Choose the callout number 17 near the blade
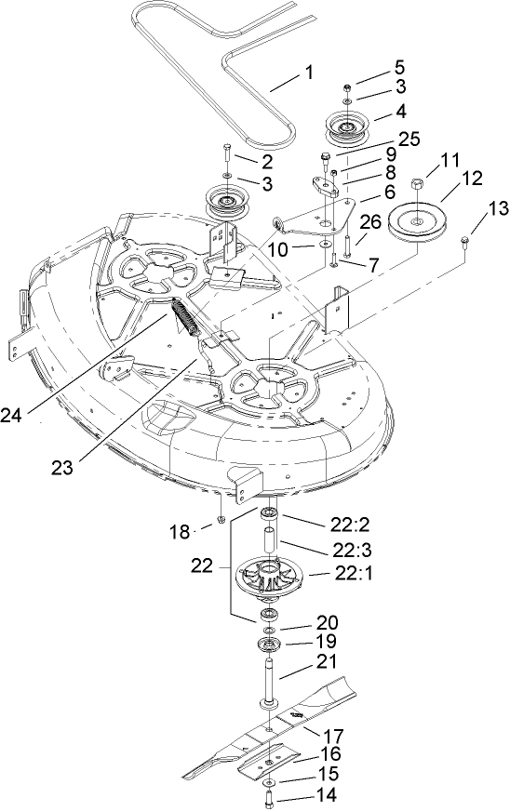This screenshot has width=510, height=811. [x=332, y=734]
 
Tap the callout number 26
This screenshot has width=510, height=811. [x=370, y=224]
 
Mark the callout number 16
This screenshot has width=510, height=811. [x=331, y=754]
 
